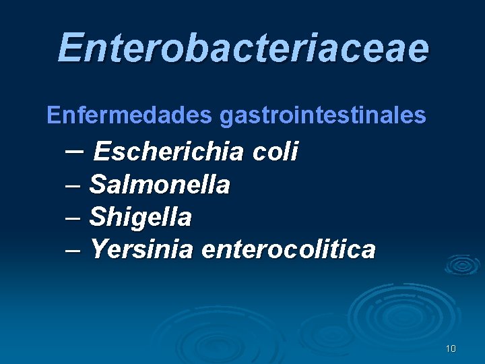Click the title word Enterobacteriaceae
(x=243, y=48)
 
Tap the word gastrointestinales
(x=323, y=116)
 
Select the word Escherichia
(x=168, y=152)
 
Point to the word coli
(x=274, y=152)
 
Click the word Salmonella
(x=160, y=185)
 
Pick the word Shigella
(x=140, y=218)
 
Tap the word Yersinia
(x=141, y=250)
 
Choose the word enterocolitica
(x=288, y=250)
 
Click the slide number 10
(x=451, y=348)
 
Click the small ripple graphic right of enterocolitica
(x=462, y=265)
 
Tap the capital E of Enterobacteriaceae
(x=69, y=48)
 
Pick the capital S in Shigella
(x=98, y=218)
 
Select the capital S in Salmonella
(x=98, y=185)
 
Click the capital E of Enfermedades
(x=54, y=115)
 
